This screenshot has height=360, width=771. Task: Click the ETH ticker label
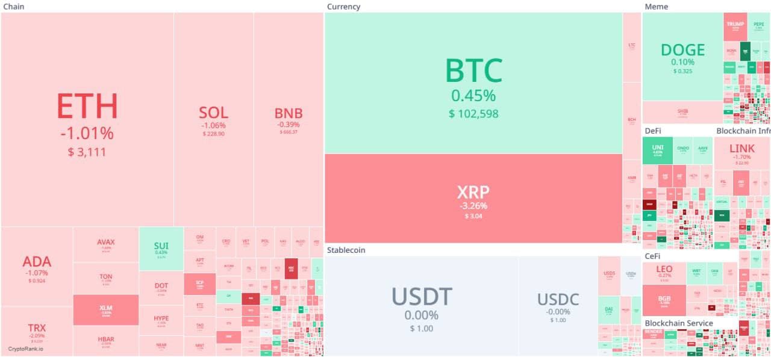point(87,106)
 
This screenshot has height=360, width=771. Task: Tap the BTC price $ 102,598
point(473,113)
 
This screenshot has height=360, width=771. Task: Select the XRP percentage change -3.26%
point(473,206)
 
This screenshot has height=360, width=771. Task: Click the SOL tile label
point(213,113)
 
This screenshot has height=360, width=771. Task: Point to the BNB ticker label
point(289,113)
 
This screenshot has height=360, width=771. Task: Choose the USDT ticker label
point(421,297)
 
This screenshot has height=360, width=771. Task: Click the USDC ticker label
point(558,299)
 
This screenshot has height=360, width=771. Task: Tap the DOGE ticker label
point(682,49)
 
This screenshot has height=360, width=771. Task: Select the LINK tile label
point(741,148)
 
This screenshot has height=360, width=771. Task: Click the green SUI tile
point(161,248)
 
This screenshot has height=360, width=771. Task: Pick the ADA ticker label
point(37,261)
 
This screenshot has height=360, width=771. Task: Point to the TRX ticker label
point(37,328)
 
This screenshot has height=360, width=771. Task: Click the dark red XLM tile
point(105,309)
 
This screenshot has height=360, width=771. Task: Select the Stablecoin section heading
point(346,250)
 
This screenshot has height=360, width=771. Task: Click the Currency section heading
point(343,7)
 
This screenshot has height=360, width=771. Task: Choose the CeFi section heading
point(652,256)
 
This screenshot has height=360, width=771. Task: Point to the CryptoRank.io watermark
point(25,349)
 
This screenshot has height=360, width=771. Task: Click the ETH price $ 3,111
point(87,152)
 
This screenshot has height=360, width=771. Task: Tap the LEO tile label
point(664,269)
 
